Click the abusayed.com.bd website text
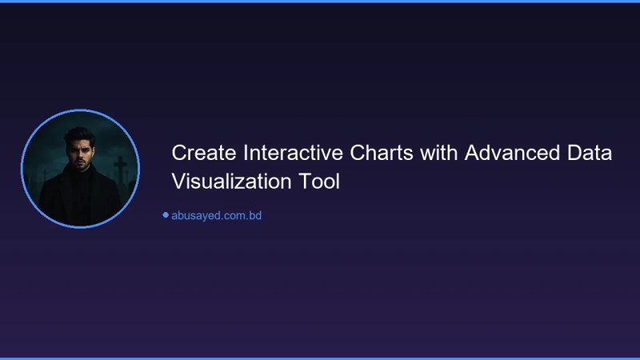click(x=217, y=215)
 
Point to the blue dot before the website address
click(x=166, y=214)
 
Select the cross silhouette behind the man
click(x=120, y=166)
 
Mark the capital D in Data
click(x=576, y=153)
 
